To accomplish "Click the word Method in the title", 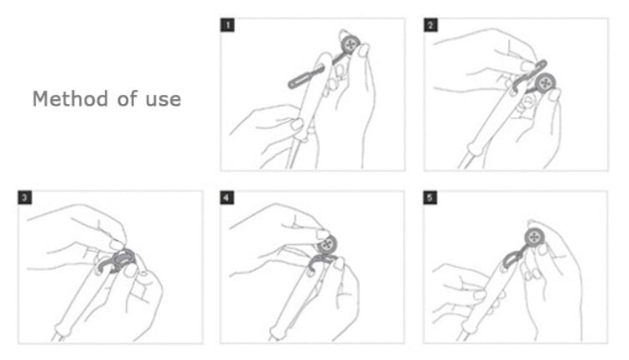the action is (70, 99).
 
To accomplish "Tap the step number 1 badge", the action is (227, 25).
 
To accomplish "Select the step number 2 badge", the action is (431, 25).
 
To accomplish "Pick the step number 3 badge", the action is (25, 197).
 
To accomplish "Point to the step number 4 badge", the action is (227, 197).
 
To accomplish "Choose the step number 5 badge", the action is (430, 197).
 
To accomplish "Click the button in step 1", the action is (351, 44).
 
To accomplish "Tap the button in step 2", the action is (545, 83).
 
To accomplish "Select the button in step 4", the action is (328, 244).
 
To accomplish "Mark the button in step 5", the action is (534, 237).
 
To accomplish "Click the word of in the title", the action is (127, 99).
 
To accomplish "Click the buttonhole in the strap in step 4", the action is (310, 273).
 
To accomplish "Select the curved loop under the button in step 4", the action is (323, 258).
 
